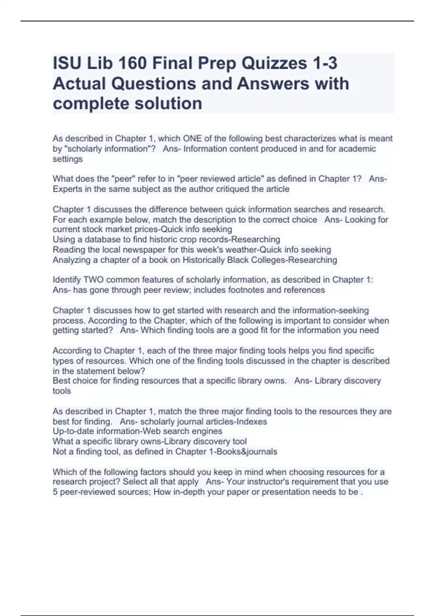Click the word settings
[x=68, y=159]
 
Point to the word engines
[x=208, y=431]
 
